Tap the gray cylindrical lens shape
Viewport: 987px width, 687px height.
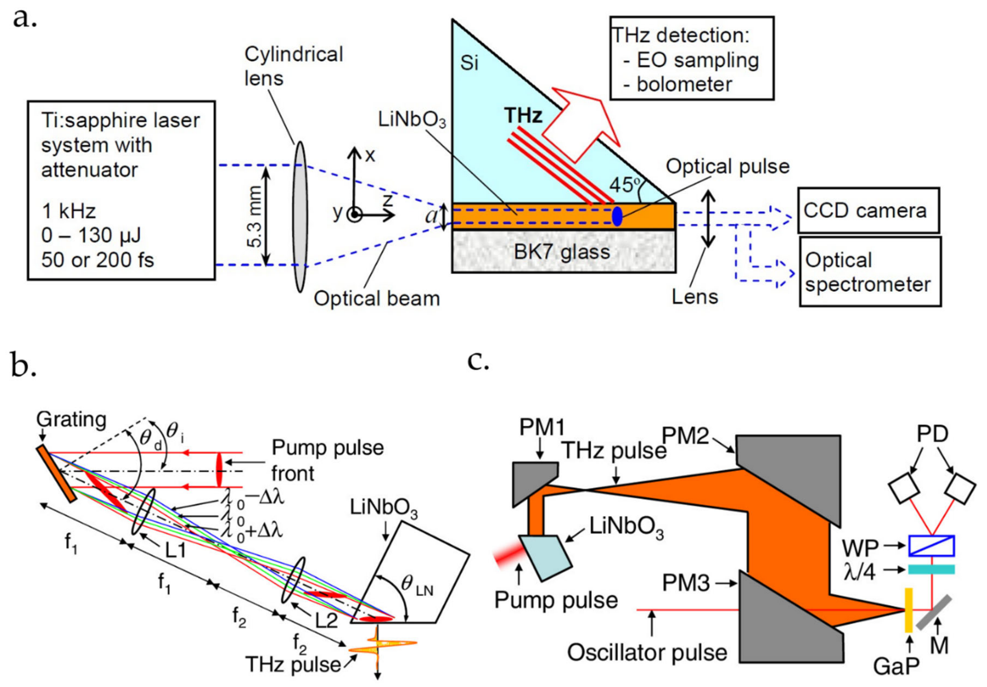click(x=300, y=217)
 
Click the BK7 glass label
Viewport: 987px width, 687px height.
click(x=562, y=252)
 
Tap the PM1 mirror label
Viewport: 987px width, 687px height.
click(x=542, y=427)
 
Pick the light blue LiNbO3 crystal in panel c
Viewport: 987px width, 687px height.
click(x=546, y=557)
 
